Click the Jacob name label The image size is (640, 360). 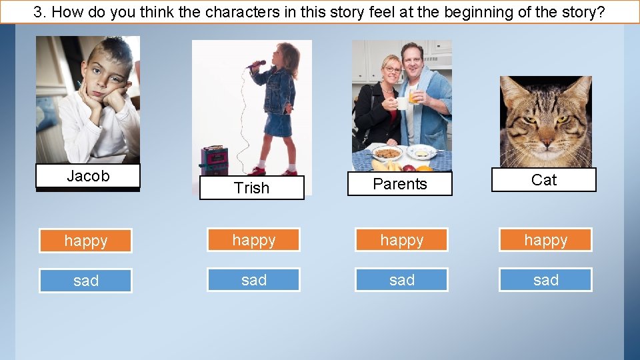(x=88, y=177)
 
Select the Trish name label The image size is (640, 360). (x=251, y=188)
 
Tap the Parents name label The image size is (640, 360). (x=399, y=184)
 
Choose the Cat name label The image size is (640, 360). (x=543, y=180)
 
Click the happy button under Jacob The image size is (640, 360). (x=85, y=241)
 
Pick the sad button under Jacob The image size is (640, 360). (x=85, y=281)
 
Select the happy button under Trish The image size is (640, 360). (x=253, y=240)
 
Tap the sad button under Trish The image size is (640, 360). (x=253, y=280)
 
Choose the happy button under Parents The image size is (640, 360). (x=401, y=240)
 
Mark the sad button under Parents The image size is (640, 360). (x=401, y=280)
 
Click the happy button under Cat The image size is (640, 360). (x=545, y=240)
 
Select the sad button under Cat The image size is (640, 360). (x=545, y=280)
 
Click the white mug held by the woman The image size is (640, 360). (x=402, y=103)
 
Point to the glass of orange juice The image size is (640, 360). (x=415, y=97)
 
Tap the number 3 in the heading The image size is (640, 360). (x=38, y=12)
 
